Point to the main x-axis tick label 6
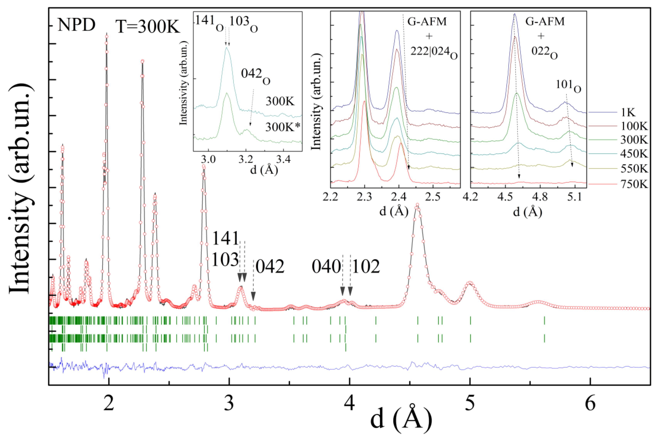[x=590, y=404]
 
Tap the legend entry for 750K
[x=634, y=184]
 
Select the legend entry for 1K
[x=628, y=113]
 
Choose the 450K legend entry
[x=634, y=154]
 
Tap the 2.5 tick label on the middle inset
[x=432, y=197]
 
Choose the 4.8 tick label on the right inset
[x=540, y=197]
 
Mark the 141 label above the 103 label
[x=225, y=238]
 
